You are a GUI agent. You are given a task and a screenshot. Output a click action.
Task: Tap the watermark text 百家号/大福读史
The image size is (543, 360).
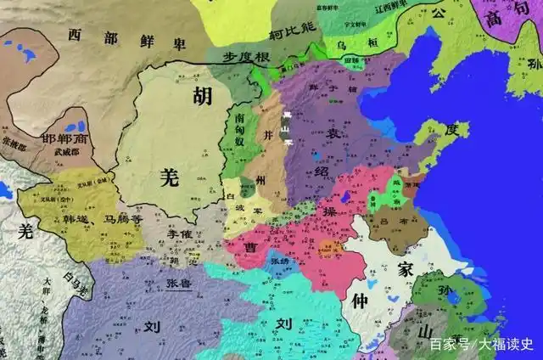[x=480, y=344]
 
